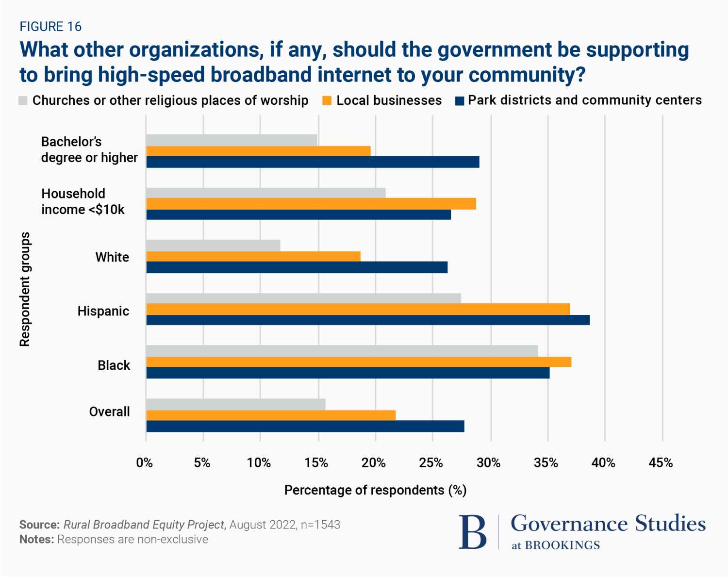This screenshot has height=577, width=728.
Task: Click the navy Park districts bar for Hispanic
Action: point(368,320)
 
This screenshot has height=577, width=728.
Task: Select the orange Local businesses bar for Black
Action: point(359,362)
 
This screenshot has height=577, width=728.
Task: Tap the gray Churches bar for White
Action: point(213,246)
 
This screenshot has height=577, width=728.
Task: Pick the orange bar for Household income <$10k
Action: point(311,204)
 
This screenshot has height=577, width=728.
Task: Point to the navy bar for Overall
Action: point(305,427)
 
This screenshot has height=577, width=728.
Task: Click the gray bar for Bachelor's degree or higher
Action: point(232,140)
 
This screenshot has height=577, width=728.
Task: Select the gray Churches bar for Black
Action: point(342,351)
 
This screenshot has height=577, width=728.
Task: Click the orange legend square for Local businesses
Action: point(327,100)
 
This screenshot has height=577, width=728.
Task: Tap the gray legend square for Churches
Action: point(23,100)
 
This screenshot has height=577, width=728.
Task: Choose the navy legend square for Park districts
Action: point(459,100)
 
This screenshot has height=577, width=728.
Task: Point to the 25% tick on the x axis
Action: point(431,463)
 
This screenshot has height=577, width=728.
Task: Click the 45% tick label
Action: point(661,463)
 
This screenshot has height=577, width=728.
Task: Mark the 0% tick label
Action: point(145,463)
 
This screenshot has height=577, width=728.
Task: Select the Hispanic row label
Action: point(103,311)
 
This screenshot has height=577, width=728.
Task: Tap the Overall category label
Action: point(110,412)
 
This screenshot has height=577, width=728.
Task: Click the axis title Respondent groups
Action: point(25,289)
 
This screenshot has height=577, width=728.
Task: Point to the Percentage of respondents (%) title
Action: point(375,490)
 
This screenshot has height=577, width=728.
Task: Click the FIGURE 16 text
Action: point(50,27)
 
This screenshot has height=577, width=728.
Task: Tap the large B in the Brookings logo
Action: point(472,532)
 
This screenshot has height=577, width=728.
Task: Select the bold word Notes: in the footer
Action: point(36,540)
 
